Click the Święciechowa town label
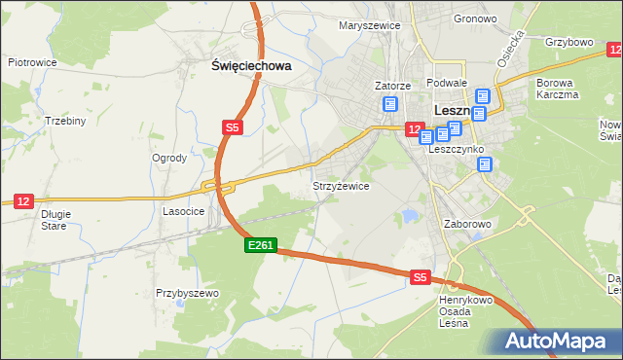tap(252, 66)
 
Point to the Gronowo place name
tap(448, 18)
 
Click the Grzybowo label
tap(569, 43)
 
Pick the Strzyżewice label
tap(340, 185)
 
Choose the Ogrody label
tap(168, 158)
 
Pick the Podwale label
tap(447, 84)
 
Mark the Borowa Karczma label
tap(558, 89)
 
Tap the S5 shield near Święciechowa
tap(232, 127)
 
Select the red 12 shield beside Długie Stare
tap(24, 201)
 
